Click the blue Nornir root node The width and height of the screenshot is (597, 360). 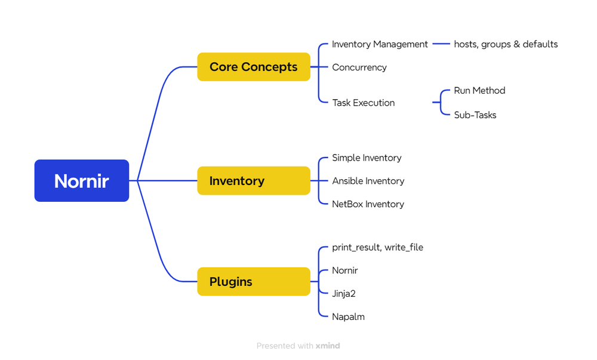pyautogui.click(x=82, y=180)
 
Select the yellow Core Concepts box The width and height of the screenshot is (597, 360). pyautogui.click(x=254, y=67)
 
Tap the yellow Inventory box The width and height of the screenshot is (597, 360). pyautogui.click(x=254, y=180)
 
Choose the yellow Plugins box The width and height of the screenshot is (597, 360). pyautogui.click(x=254, y=281)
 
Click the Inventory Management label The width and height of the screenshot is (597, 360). pyautogui.click(x=380, y=44)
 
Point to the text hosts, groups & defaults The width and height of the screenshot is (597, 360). pyautogui.click(x=506, y=44)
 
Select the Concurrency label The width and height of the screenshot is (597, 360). pyautogui.click(x=359, y=67)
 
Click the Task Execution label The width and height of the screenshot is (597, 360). pyautogui.click(x=363, y=103)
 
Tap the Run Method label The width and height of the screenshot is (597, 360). pyautogui.click(x=479, y=91)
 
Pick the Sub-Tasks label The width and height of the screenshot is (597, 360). pyautogui.click(x=475, y=115)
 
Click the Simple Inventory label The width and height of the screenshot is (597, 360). pyautogui.click(x=367, y=158)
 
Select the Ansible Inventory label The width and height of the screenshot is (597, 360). pyautogui.click(x=368, y=181)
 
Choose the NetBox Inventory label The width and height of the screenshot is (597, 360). pyautogui.click(x=368, y=204)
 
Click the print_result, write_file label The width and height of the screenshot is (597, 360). pyautogui.click(x=377, y=247)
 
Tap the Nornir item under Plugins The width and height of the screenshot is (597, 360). pyautogui.click(x=345, y=270)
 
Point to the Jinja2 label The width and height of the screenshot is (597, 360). pyautogui.click(x=344, y=294)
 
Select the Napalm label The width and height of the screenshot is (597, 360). pyautogui.click(x=348, y=317)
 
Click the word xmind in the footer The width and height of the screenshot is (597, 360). pyautogui.click(x=328, y=346)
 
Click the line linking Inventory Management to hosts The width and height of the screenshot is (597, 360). pyautogui.click(x=441, y=44)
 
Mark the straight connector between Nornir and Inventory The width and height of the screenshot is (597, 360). pyautogui.click(x=167, y=180)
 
